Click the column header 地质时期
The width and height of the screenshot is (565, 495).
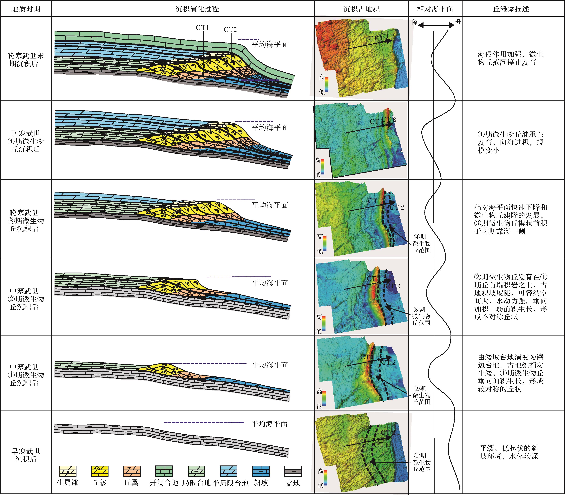[26, 9]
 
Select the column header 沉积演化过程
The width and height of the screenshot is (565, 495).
[197, 9]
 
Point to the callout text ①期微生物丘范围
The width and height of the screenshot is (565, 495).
[421, 462]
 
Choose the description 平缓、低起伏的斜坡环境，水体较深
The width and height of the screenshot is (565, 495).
[509, 452]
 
